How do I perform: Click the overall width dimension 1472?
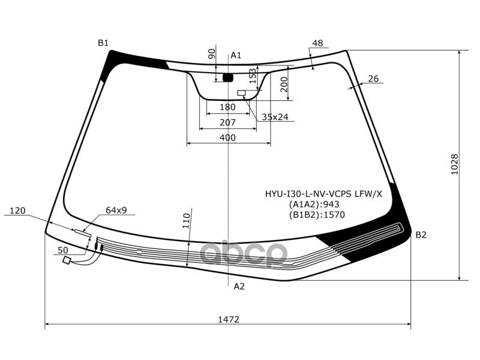point(227,320)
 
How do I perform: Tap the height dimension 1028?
point(454,164)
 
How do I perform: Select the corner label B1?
point(103,43)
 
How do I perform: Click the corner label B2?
point(421,235)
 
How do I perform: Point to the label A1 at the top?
point(236,55)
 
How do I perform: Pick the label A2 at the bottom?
point(239,286)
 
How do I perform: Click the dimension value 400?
point(227,137)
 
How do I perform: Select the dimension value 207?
point(227,122)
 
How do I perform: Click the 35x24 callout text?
point(275,117)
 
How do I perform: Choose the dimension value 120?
point(18,211)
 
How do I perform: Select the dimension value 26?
point(373,79)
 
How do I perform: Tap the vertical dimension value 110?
point(187,220)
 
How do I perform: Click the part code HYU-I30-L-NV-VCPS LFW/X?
point(323,194)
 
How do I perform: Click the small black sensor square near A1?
point(228,77)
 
